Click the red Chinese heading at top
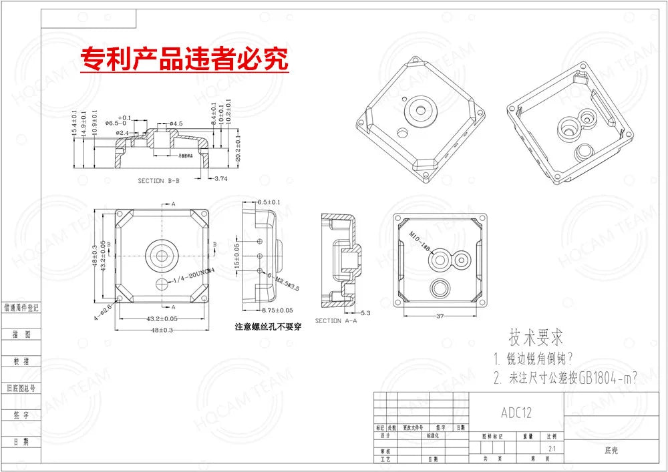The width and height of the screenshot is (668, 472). click(184, 59)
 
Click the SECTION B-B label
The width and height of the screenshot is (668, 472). click(158, 181)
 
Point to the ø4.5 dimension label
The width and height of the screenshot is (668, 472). click(176, 124)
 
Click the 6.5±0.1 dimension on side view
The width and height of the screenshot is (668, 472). click(269, 202)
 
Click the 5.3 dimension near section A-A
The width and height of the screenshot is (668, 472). click(365, 312)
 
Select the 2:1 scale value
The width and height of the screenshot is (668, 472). click(551, 449)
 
